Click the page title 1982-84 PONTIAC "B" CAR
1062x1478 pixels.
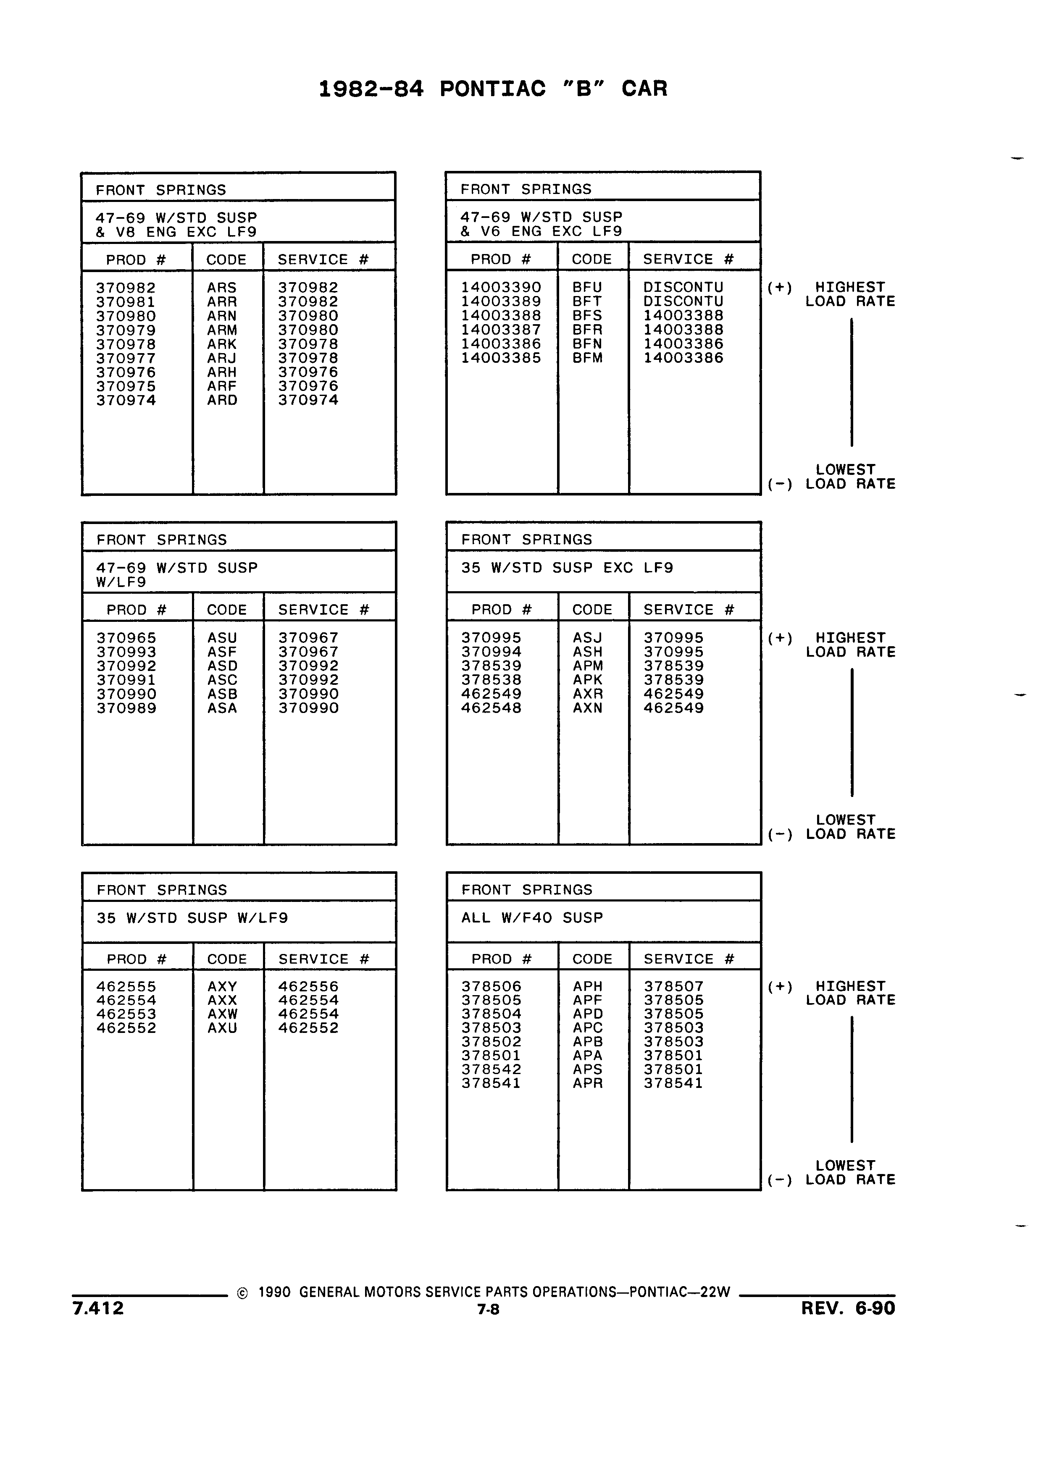493,89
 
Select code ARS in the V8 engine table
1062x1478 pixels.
222,287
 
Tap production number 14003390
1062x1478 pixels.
501,287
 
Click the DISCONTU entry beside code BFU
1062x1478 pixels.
683,287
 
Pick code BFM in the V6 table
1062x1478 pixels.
587,358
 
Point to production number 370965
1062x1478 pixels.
126,638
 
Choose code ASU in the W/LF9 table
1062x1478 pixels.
222,638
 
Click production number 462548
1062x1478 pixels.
492,708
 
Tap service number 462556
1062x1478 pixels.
308,987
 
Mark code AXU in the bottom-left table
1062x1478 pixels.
222,1028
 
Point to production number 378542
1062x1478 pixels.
492,1069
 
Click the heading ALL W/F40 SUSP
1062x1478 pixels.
532,918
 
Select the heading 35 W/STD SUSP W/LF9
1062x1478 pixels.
192,918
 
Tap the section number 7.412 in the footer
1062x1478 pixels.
98,1308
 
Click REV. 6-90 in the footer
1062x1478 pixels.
848,1308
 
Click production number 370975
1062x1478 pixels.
126,386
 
